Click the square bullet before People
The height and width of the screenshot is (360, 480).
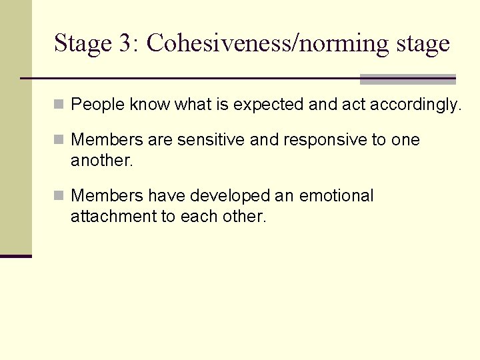[x=59, y=105]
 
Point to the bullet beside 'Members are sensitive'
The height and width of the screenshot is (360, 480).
[x=59, y=141]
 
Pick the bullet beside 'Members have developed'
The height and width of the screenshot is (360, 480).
[x=59, y=197]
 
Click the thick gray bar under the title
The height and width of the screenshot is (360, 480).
[x=407, y=79]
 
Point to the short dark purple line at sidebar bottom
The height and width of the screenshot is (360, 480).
[x=16, y=256]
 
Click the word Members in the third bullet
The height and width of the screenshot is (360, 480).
[x=107, y=196]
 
